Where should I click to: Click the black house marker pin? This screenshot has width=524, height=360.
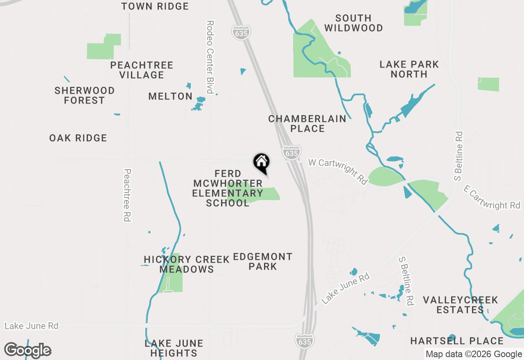click(x=262, y=162)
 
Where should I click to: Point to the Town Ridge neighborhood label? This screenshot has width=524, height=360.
click(x=155, y=6)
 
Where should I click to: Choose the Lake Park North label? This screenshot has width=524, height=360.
click(x=409, y=69)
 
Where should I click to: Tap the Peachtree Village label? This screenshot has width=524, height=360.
click(x=142, y=70)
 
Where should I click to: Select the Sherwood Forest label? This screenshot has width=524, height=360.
click(x=85, y=95)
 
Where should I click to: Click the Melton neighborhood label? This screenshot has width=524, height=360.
click(x=170, y=96)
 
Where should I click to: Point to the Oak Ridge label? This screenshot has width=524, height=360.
click(x=78, y=138)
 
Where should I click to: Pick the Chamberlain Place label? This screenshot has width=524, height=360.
click(x=307, y=124)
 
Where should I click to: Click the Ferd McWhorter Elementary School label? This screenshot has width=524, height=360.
click(x=228, y=188)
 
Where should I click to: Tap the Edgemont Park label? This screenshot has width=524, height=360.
click(x=263, y=261)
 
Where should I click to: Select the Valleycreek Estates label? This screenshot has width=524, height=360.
click(x=461, y=305)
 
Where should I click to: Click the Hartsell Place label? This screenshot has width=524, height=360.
click(x=457, y=341)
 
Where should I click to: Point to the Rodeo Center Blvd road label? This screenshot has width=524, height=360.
click(x=210, y=57)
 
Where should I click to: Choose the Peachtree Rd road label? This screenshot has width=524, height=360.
click(x=127, y=195)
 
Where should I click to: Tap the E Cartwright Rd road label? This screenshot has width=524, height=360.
click(x=492, y=198)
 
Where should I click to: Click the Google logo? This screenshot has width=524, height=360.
click(x=27, y=350)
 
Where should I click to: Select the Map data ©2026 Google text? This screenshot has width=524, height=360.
click(x=474, y=354)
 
